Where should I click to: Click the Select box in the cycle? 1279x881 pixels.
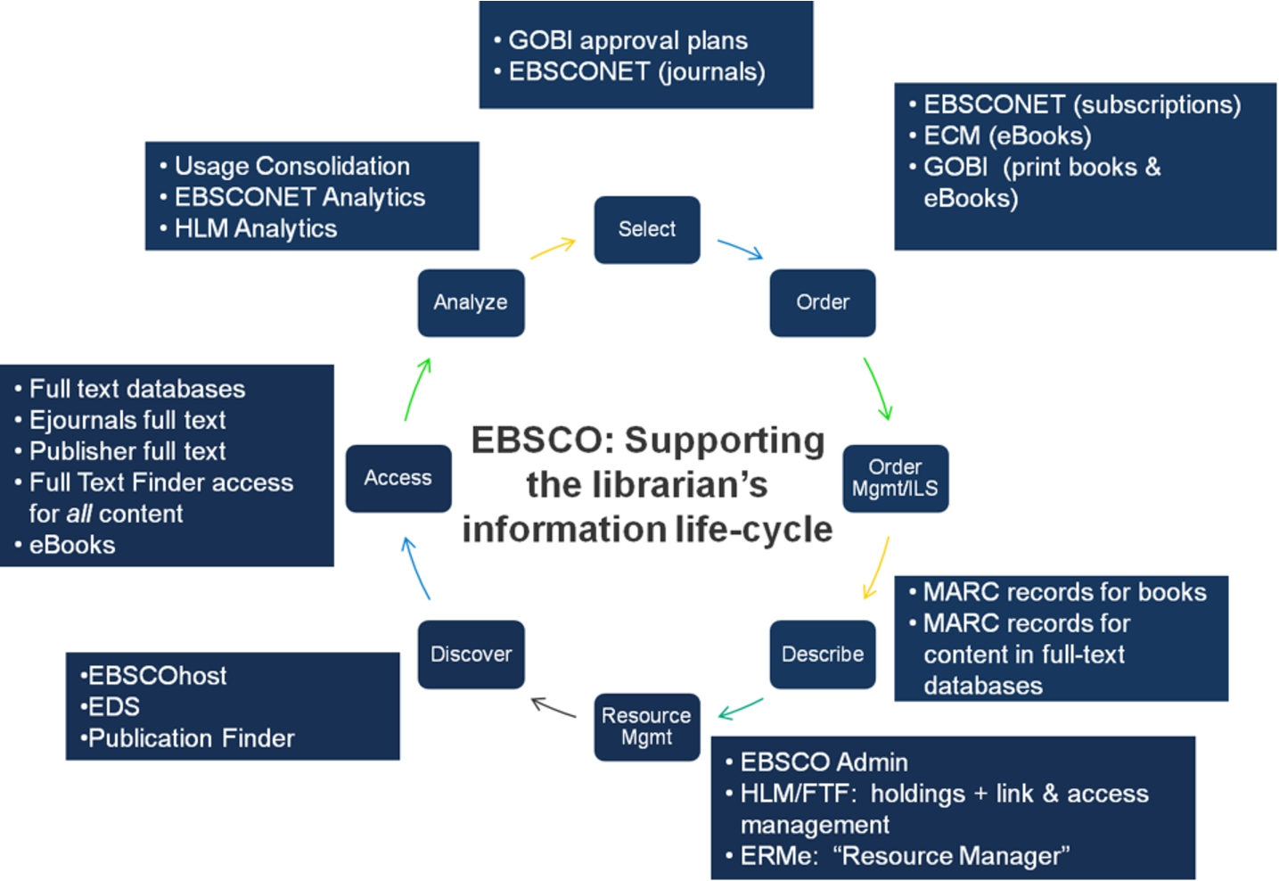click(x=647, y=230)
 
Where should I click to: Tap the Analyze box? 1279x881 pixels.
click(x=471, y=303)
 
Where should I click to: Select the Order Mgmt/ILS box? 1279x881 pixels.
click(x=895, y=478)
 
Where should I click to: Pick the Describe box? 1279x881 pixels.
click(x=822, y=655)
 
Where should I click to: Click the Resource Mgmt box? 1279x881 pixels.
click(x=647, y=727)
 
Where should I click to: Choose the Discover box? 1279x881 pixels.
click(x=471, y=655)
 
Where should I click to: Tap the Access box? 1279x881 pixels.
click(x=398, y=478)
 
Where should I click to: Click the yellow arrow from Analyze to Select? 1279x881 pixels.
click(x=553, y=248)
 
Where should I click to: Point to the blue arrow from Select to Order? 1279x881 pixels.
click(x=741, y=250)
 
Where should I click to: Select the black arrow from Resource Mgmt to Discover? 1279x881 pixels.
click(x=553, y=707)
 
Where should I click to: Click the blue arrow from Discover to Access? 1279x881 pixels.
click(x=415, y=568)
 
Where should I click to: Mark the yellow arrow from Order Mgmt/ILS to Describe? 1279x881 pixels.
click(x=876, y=568)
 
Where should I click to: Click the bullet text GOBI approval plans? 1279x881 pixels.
click(x=628, y=40)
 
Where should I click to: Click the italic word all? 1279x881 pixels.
click(x=78, y=514)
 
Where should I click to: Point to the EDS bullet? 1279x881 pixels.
click(x=111, y=707)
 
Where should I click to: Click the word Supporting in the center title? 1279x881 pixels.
click(x=725, y=441)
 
